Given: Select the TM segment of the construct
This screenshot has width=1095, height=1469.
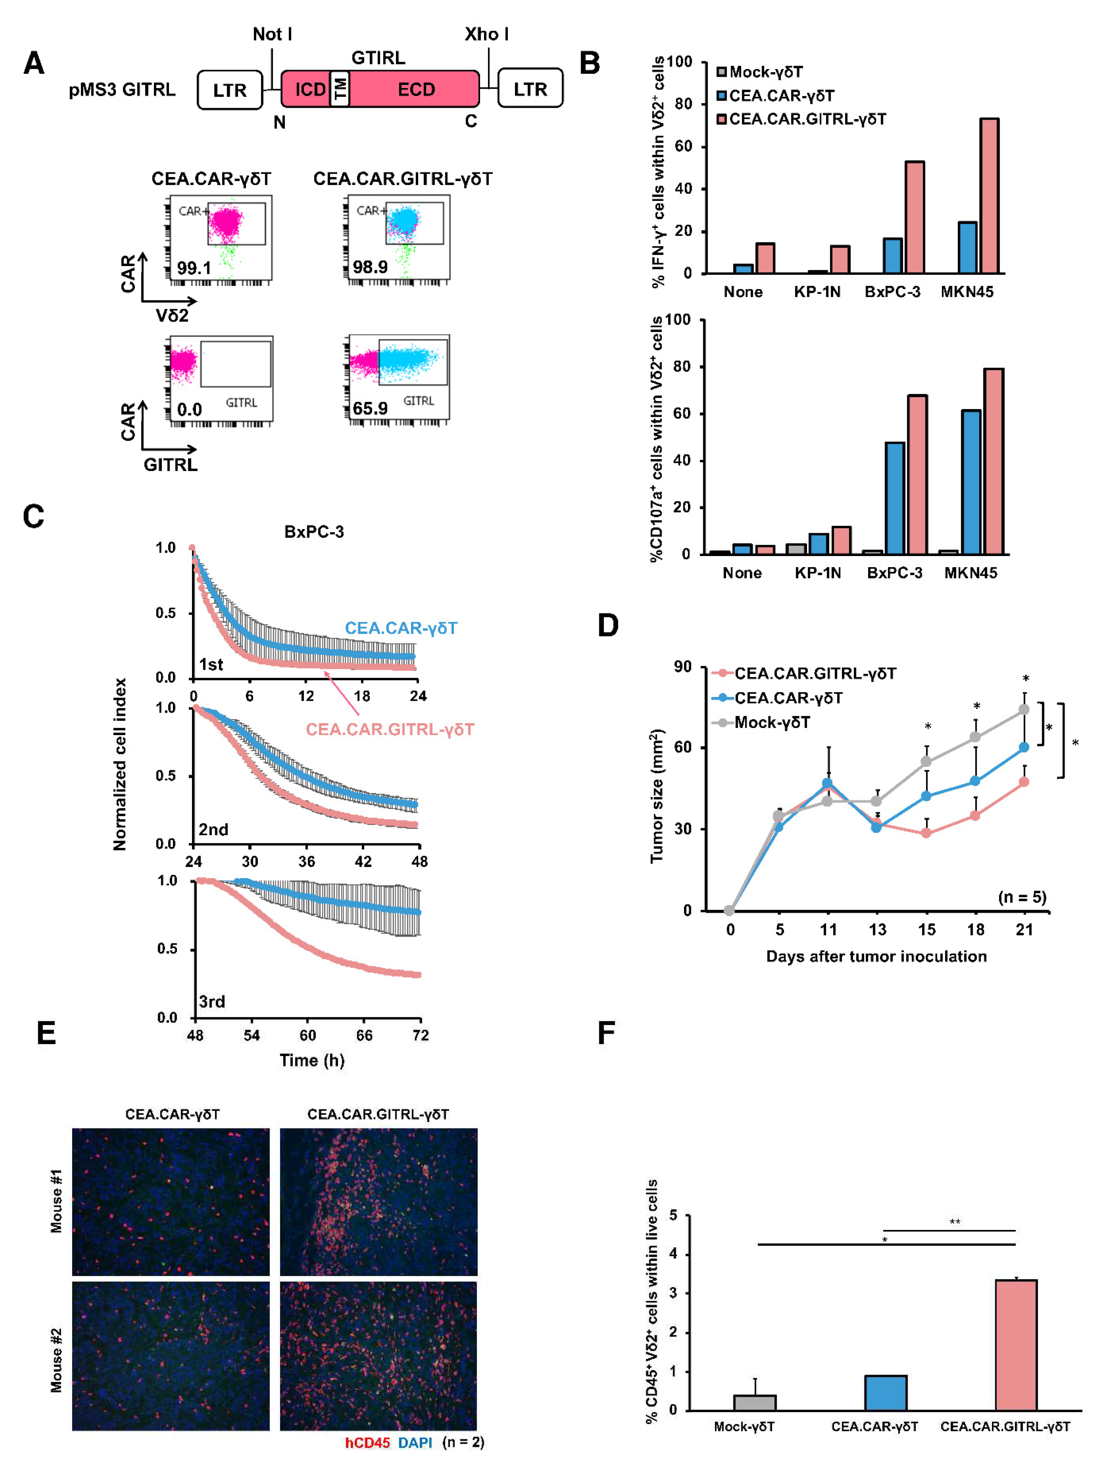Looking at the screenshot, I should [340, 88].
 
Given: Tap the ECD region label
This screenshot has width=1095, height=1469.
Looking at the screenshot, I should [416, 90].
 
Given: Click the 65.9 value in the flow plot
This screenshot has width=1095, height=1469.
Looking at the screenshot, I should [370, 408].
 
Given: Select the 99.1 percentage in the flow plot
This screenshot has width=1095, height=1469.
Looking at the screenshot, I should [193, 268].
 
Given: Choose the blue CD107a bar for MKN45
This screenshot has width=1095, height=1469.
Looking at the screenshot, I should [970, 482].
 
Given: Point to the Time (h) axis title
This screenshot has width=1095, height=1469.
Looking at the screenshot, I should [312, 1060].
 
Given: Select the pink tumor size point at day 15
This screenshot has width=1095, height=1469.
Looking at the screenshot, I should [926, 833].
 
